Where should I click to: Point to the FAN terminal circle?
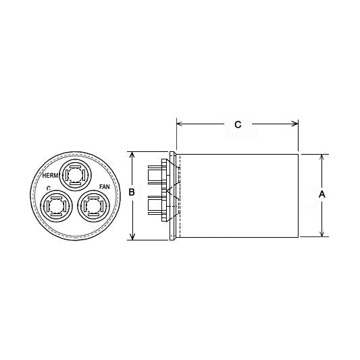[x=93, y=205]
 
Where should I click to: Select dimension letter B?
[x=132, y=193]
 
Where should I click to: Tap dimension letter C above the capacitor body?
[x=237, y=124]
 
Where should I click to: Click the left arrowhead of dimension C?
[x=179, y=124]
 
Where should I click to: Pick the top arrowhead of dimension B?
[x=133, y=155]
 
